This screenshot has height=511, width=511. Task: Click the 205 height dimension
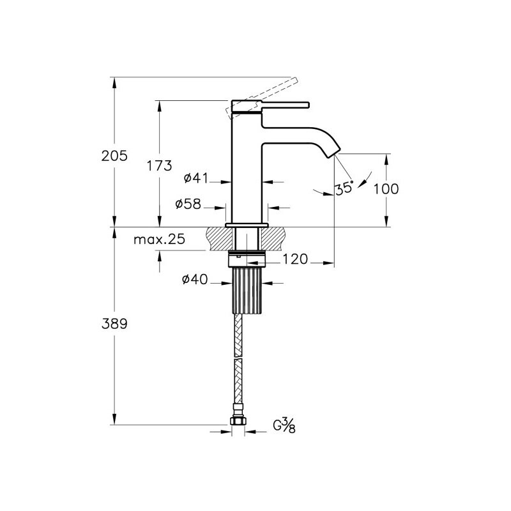[x=114, y=156]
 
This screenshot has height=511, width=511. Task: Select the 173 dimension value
[x=159, y=165]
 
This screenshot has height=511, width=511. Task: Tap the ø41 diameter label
[x=195, y=178]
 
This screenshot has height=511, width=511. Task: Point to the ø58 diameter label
[x=188, y=204]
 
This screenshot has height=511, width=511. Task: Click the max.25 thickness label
[x=159, y=240]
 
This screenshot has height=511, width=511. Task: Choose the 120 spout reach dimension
[x=295, y=259]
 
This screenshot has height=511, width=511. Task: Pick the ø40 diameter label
[x=195, y=279]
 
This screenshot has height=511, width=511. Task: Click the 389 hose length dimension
[x=114, y=324]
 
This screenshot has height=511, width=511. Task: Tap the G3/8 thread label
[x=284, y=426]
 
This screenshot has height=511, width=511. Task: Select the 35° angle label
[x=344, y=188]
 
